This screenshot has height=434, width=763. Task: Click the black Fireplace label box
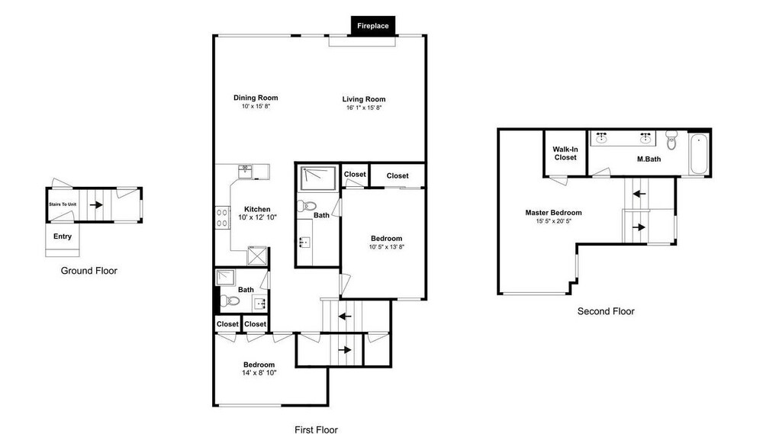373,26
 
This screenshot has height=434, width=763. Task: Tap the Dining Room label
256,98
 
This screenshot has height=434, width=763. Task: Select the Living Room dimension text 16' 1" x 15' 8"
364,108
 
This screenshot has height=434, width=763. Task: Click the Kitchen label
257,209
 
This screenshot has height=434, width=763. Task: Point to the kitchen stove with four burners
222,217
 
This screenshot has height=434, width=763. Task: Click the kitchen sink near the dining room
245,172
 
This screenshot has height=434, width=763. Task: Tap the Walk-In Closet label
565,153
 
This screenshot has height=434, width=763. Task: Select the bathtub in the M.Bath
698,154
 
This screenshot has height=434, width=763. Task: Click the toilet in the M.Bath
671,140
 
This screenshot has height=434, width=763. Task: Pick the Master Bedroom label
553,212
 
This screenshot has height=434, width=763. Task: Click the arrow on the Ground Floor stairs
96,205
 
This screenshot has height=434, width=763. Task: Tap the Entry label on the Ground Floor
63,236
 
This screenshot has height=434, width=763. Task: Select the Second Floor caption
606,311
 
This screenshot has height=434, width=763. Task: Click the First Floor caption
317,429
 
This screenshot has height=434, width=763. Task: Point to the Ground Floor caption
89,271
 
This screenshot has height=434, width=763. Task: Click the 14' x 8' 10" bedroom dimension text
259,373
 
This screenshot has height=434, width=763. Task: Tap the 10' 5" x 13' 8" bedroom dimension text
387,246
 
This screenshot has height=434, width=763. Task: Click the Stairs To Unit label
63,204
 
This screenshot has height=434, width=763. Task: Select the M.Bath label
649,159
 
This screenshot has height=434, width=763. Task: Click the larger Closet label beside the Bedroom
398,175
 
